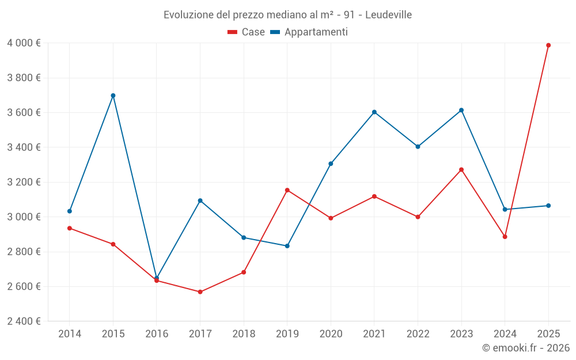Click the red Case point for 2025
(548, 45)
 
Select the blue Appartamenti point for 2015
(113, 96)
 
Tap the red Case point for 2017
(200, 292)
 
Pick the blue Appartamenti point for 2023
(461, 110)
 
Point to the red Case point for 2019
(287, 190)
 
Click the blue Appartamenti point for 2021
(374, 112)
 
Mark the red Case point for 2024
(505, 237)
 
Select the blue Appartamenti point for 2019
(287, 246)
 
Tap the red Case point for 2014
(70, 228)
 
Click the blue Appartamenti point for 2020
(331, 164)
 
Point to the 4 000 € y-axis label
(24, 43)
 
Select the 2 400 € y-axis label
(24, 321)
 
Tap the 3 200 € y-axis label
(24, 182)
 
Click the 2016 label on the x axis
(157, 334)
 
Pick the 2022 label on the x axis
(418, 334)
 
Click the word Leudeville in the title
(389, 15)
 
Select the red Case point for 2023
(461, 169)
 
